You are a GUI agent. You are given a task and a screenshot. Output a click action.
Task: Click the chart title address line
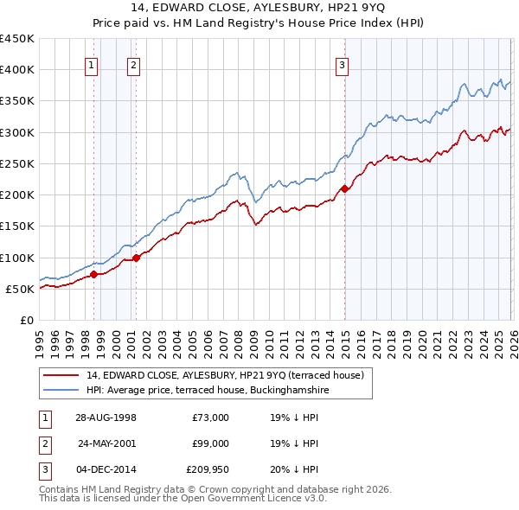(259, 7)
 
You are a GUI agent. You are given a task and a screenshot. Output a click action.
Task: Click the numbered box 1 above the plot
(92, 64)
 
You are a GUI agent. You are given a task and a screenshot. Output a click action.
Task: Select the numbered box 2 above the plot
(133, 64)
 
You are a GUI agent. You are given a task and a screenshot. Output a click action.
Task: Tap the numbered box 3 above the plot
(343, 64)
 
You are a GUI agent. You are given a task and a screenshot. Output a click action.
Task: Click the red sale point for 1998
(94, 274)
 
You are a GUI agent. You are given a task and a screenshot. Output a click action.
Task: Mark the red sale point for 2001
(137, 258)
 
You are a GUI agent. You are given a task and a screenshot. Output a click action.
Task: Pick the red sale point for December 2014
(344, 188)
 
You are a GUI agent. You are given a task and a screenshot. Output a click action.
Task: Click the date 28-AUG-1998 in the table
(106, 418)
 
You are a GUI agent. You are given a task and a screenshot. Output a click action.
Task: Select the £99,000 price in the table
(210, 443)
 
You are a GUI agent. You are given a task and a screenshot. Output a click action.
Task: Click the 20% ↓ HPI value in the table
(294, 469)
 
